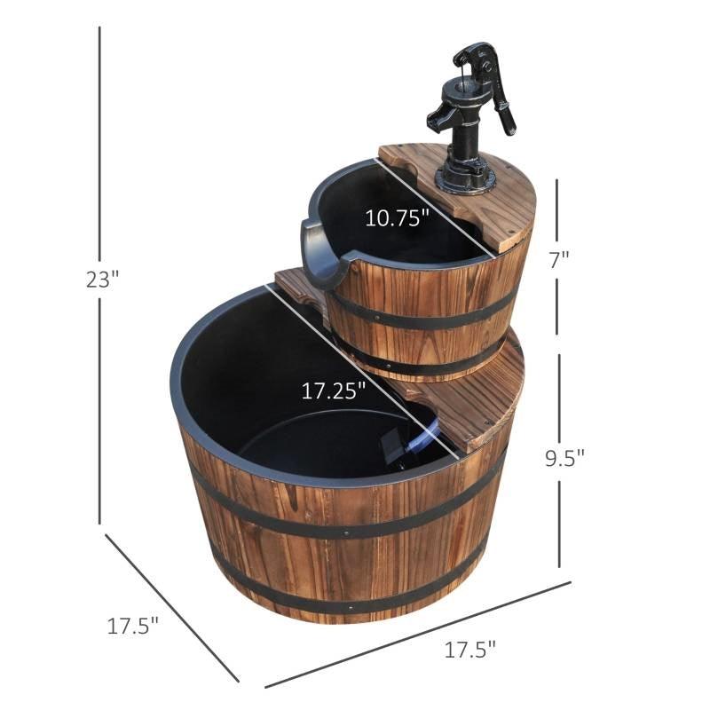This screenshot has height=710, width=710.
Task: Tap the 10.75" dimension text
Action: coord(398,217)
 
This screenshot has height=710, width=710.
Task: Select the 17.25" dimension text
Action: coord(333,391)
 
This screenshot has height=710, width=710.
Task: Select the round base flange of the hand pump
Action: coord(463,177)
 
